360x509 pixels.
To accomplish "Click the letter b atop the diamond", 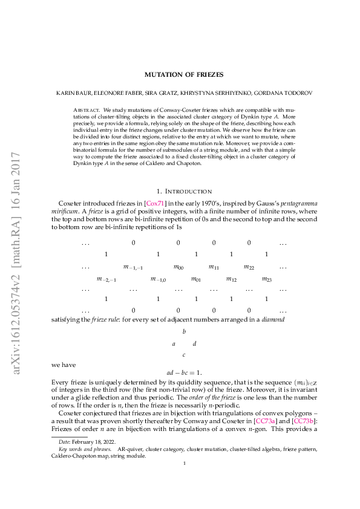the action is click(183, 332).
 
